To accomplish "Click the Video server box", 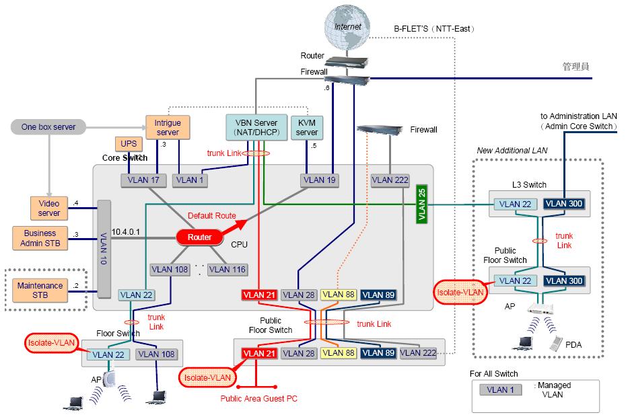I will (49, 208).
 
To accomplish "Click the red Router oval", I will (199, 237).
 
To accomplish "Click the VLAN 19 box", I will (318, 180).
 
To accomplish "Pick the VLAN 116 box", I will (227, 269).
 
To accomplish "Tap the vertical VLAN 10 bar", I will (104, 248).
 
